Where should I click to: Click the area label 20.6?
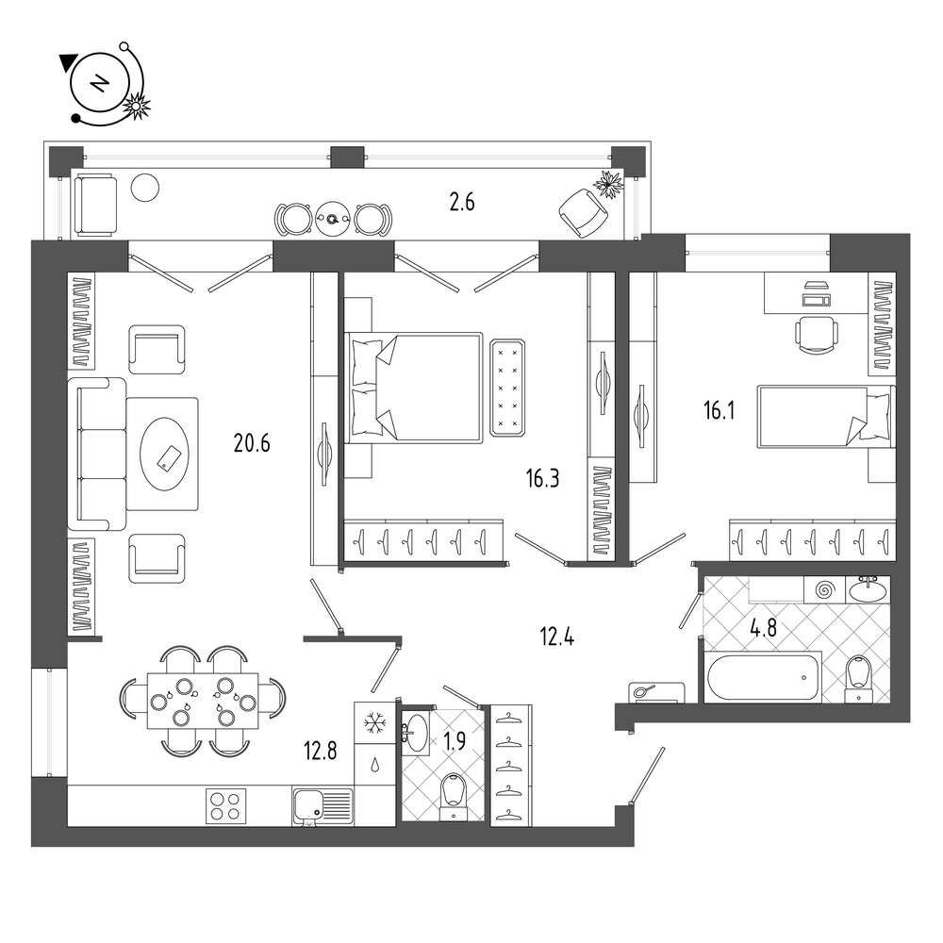point(252,444)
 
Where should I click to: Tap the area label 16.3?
point(542,479)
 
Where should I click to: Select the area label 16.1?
point(720,411)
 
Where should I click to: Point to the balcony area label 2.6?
point(462,203)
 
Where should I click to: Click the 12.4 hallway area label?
point(557,637)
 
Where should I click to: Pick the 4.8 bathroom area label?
point(763,628)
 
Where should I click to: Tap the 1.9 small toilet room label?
point(455,741)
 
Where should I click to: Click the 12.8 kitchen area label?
point(321,752)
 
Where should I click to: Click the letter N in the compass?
point(99,82)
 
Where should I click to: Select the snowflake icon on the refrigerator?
point(375,722)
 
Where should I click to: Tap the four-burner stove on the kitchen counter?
point(226,806)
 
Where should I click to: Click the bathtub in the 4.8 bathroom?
point(763,676)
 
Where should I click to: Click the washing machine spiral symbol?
point(825,590)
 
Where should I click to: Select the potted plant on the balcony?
point(609,185)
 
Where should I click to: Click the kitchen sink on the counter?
point(323,805)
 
